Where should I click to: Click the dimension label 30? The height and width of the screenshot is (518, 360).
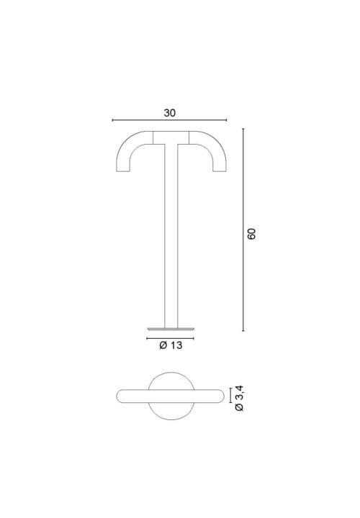170,113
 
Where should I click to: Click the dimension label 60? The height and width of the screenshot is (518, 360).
251,234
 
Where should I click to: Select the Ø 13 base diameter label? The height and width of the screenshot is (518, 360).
170,346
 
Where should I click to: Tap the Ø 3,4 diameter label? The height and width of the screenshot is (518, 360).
240,397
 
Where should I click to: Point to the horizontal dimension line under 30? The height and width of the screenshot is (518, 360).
170,121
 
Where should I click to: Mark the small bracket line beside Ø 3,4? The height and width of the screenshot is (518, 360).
230,396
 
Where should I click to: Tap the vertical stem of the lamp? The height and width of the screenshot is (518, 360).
171,237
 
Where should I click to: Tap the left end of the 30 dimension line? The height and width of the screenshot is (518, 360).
114,121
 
